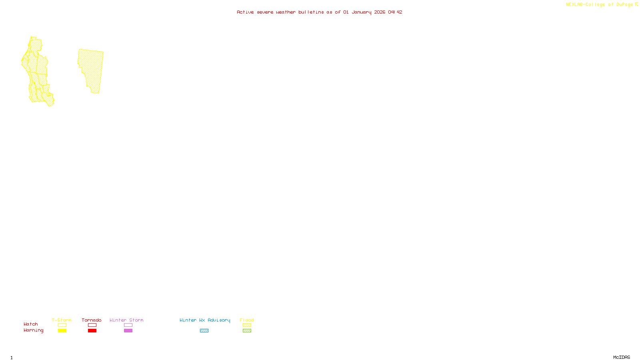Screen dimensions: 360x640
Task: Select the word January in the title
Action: (361, 12)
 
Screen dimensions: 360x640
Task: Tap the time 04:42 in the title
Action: (395, 12)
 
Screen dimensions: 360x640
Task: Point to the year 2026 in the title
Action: (380, 12)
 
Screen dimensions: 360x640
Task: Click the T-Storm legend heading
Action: (62, 320)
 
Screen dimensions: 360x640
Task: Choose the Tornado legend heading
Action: (92, 320)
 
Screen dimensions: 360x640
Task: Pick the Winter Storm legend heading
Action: (126, 320)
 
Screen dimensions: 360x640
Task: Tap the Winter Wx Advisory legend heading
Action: (205, 320)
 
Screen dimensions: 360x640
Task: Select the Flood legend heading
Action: (247, 320)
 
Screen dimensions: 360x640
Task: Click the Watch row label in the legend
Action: (31, 324)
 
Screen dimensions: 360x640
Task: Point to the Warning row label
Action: (33, 330)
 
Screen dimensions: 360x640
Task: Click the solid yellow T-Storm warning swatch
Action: (62, 331)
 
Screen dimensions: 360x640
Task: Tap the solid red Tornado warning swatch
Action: (92, 331)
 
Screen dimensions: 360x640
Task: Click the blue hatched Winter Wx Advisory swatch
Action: (204, 331)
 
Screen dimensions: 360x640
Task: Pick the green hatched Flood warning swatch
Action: (247, 331)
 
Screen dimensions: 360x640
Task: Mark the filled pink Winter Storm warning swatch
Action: (128, 331)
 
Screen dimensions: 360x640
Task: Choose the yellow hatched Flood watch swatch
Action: (247, 325)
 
